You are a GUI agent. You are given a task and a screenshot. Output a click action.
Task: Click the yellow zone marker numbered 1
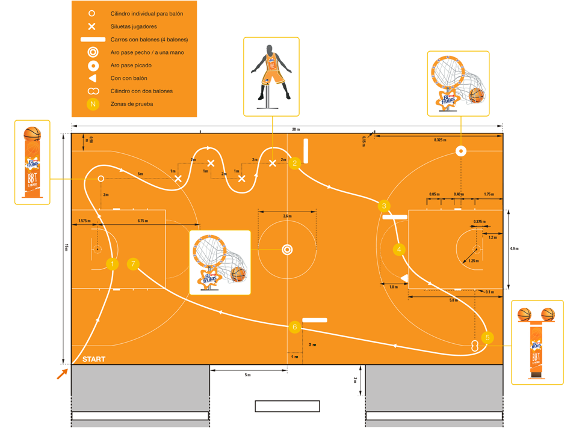click(x=111, y=263)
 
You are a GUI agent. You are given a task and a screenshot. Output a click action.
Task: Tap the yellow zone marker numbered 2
click(x=294, y=163)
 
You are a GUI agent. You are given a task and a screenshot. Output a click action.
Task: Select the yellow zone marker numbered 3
click(x=384, y=206)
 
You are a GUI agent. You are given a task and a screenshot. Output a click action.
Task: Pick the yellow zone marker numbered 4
click(x=398, y=249)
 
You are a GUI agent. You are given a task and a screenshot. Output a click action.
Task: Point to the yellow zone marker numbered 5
click(x=488, y=337)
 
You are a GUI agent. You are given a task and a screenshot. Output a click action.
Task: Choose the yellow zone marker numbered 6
click(x=294, y=327)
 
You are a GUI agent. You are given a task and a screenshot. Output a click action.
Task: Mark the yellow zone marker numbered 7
click(x=134, y=263)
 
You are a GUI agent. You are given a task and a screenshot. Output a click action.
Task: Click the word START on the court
click(x=94, y=359)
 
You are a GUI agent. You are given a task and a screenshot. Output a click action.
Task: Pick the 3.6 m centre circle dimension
click(x=287, y=215)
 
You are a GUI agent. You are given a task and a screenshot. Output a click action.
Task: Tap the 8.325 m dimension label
click(x=441, y=139)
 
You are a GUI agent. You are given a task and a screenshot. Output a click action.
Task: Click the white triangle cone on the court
click(x=404, y=277)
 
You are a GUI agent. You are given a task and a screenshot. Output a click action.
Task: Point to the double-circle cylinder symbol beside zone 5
click(x=475, y=346)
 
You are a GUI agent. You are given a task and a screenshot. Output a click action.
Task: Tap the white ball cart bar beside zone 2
click(x=306, y=151)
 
